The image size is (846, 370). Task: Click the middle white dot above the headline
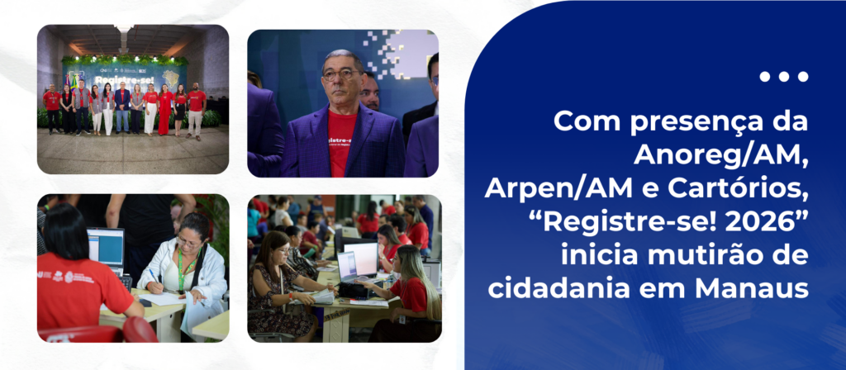pyautogui.click(x=784, y=77)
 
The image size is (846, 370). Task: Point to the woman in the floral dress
pyautogui.click(x=282, y=286)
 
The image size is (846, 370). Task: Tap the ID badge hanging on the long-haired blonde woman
pyautogui.click(x=402, y=320)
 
